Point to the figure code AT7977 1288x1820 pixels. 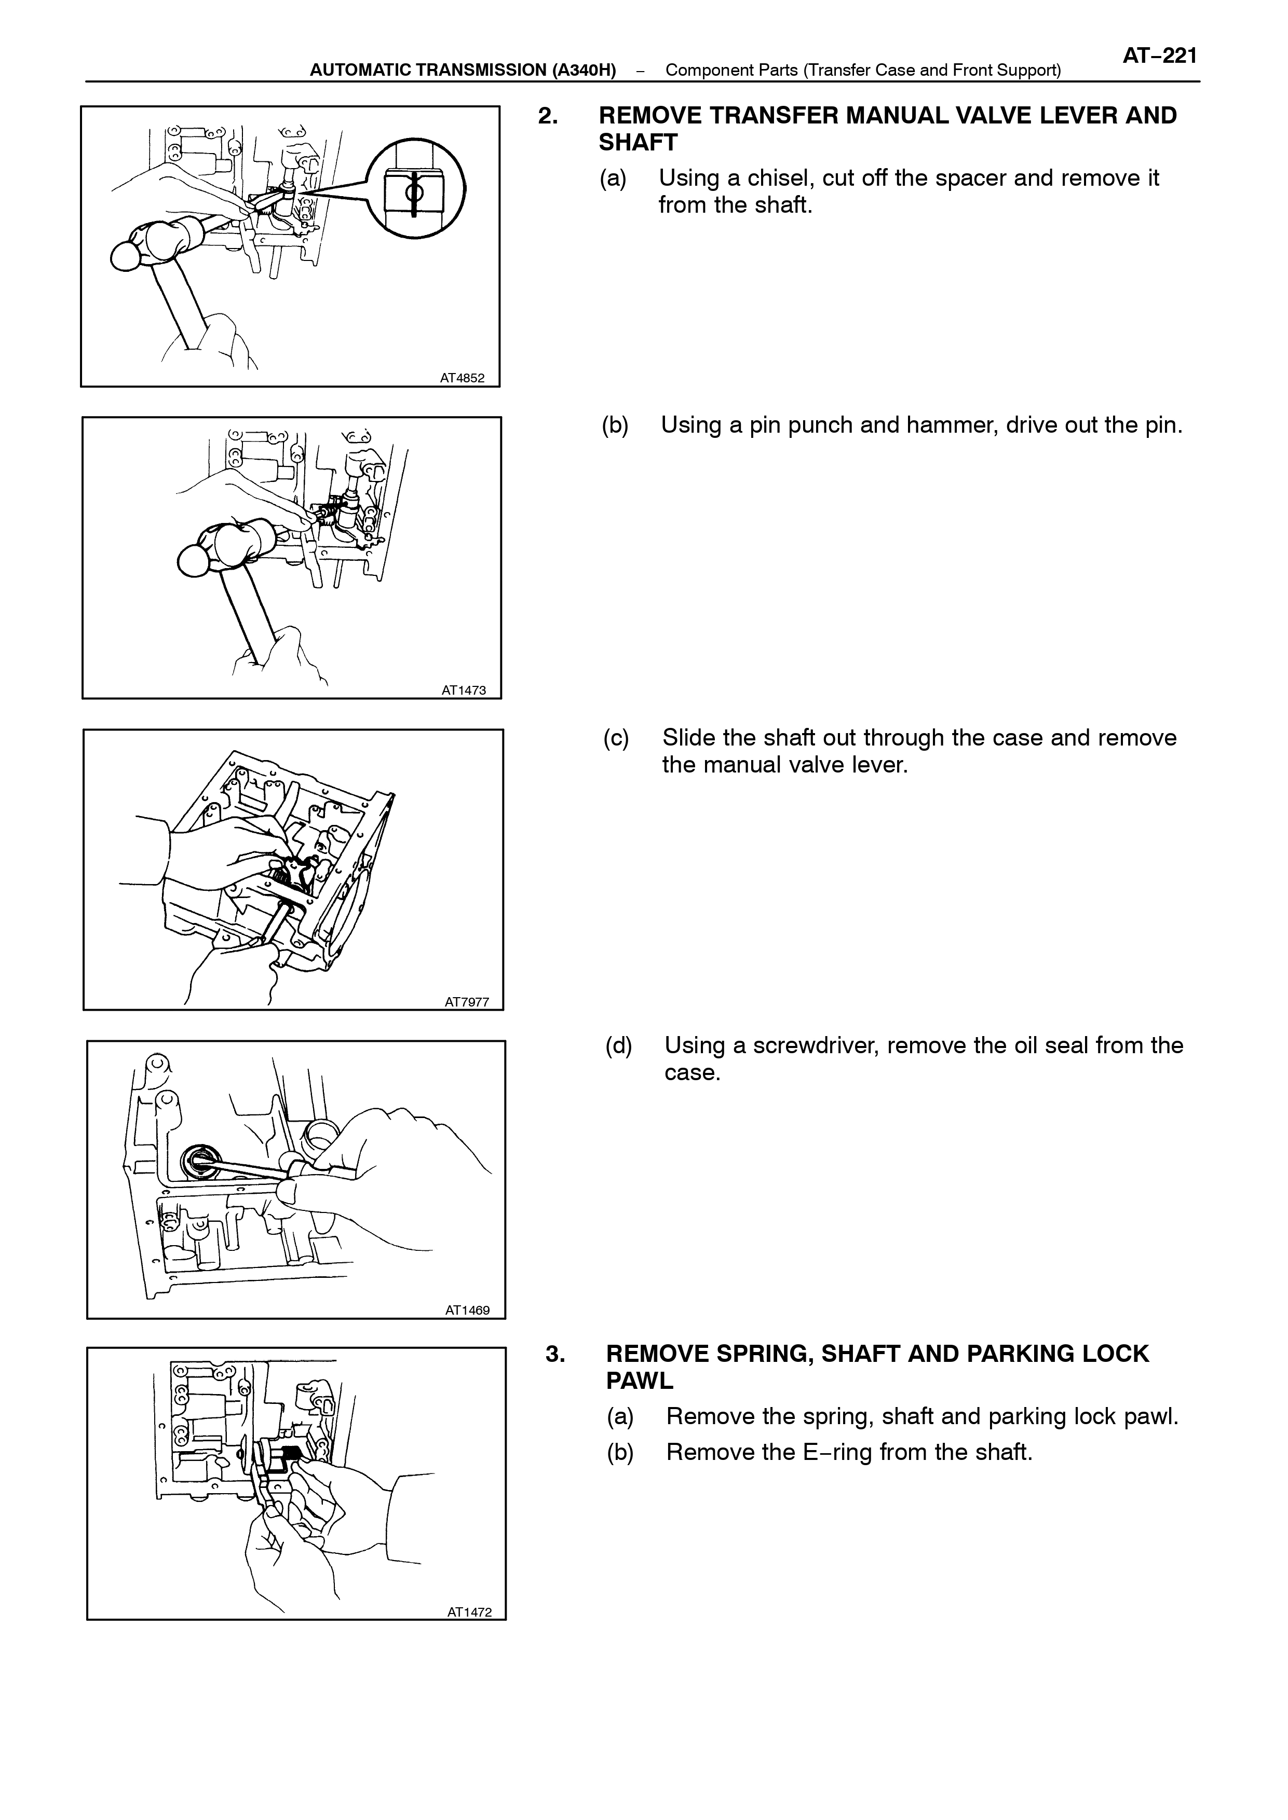point(466,1002)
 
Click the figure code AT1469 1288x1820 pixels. point(467,1311)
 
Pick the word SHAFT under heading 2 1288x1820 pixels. point(639,143)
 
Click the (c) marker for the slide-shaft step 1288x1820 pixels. point(616,737)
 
